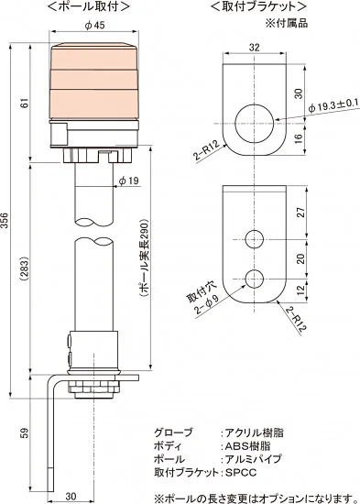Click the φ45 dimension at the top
pos(95,25)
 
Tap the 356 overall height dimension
pos(5,220)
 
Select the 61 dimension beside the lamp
pos(26,103)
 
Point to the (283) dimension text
pos(26,268)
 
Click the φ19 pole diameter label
pos(129,181)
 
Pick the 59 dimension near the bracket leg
pos(26,433)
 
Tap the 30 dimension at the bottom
pos(71,497)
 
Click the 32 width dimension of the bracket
pos(254,48)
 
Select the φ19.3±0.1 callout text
pos(333,106)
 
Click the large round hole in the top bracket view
pos(255,124)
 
